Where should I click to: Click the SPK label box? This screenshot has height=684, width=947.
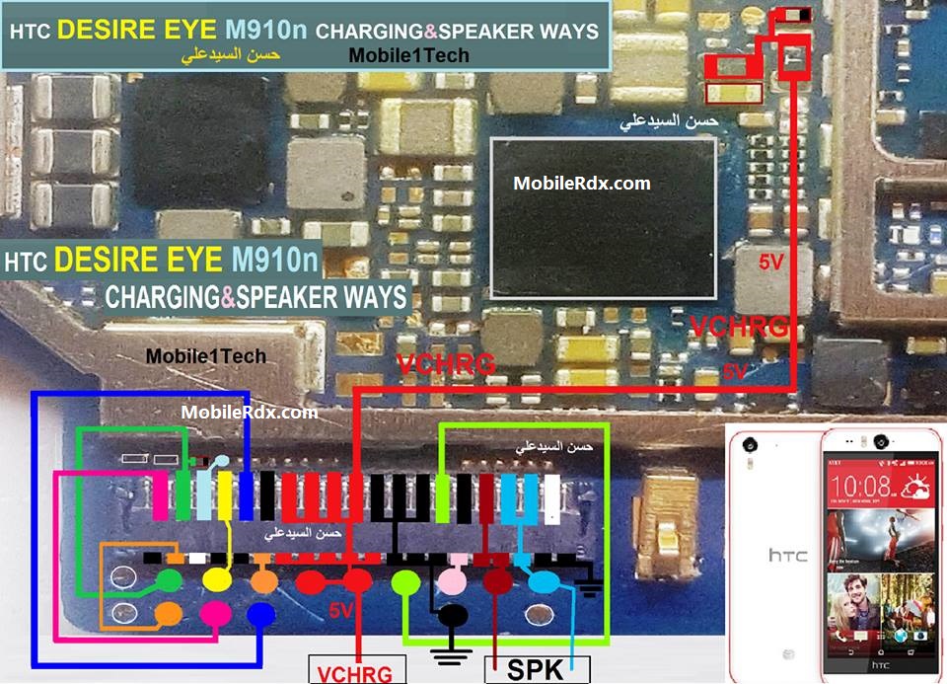pyautogui.click(x=536, y=670)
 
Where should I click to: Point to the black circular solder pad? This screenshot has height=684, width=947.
pyautogui.click(x=453, y=617)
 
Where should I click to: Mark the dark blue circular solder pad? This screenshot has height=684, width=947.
pyautogui.click(x=259, y=614)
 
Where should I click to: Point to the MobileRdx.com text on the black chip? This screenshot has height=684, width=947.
pyautogui.click(x=582, y=183)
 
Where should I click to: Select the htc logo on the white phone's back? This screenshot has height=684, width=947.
pyautogui.click(x=787, y=555)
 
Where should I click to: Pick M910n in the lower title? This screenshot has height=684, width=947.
pyautogui.click(x=276, y=261)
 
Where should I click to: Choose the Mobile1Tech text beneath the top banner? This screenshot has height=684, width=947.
pyautogui.click(x=408, y=56)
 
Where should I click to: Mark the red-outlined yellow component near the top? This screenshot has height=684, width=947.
pyautogui.click(x=734, y=93)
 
